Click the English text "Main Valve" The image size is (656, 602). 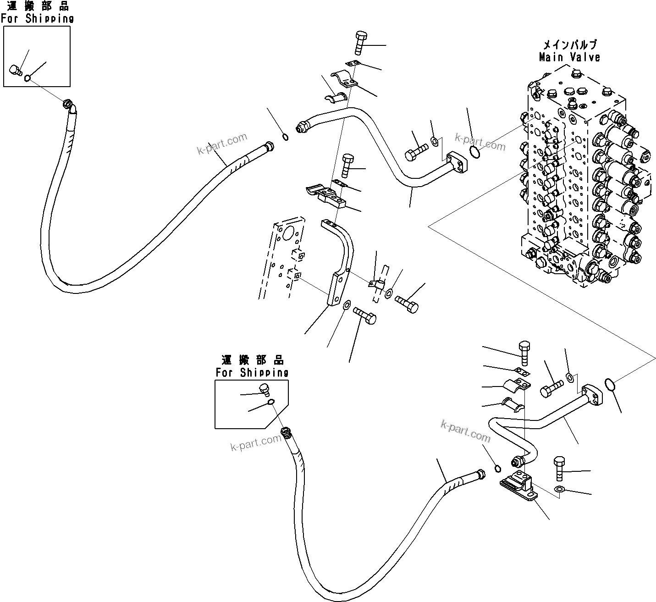pos(569,57)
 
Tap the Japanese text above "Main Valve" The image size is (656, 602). pos(570,45)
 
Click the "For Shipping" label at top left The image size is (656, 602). pos(37,19)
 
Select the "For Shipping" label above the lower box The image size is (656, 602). pos(252,372)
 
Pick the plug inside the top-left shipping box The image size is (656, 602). pos(16,71)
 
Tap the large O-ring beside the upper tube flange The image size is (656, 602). pos(475,152)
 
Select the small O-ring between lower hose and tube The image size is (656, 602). pos(497,468)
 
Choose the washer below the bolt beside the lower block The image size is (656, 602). pos(558,490)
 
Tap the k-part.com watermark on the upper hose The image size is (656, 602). pos(222,144)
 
